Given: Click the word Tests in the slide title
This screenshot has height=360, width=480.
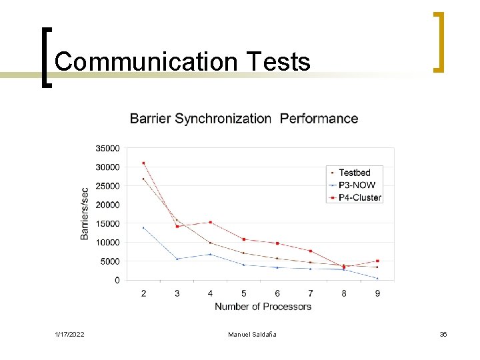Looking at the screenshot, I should click(x=279, y=62).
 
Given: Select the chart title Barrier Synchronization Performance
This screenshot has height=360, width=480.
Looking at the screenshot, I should click(x=243, y=119).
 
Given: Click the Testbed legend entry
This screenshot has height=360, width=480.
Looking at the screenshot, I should click(x=354, y=173).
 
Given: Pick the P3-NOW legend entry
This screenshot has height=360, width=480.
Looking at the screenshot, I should click(x=356, y=185).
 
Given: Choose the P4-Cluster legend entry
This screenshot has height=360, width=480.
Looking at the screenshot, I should click(x=359, y=197).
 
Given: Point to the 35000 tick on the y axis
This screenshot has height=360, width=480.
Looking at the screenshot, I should click(x=107, y=148).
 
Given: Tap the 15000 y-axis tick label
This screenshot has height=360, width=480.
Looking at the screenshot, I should click(x=107, y=223).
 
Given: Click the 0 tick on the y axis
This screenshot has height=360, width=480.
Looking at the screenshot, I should click(x=117, y=280).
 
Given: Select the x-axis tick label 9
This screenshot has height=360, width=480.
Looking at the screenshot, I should click(x=377, y=293).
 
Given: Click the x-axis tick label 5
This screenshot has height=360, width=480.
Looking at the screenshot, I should click(x=244, y=293).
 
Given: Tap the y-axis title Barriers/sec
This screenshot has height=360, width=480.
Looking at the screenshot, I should click(x=85, y=213).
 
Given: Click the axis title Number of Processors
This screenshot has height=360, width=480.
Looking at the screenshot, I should click(x=263, y=307).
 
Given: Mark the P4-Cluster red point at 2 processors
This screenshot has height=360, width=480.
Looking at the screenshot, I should click(x=143, y=163).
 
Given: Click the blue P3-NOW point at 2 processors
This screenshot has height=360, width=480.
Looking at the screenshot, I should click(x=143, y=227).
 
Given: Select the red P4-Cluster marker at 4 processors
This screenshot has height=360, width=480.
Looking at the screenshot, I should click(x=211, y=223).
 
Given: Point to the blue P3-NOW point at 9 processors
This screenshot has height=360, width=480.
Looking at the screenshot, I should click(x=377, y=278).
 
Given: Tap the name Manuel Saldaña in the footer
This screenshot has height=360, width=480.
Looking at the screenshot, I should click(x=252, y=334).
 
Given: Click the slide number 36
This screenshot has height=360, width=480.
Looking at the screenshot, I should click(x=443, y=334).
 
